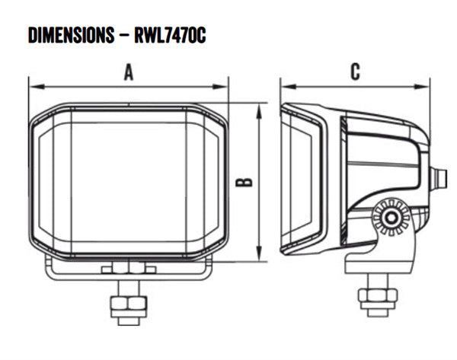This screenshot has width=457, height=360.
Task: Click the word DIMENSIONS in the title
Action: (71, 35)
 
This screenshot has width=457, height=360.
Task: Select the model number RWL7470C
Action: (170, 35)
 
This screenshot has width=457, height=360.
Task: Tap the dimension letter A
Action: (129, 72)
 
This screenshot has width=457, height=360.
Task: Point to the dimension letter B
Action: (244, 182)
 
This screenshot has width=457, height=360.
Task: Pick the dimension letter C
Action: (355, 72)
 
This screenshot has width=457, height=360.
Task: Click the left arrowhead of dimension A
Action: (37, 87)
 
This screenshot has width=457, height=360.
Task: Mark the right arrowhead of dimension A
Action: (220, 87)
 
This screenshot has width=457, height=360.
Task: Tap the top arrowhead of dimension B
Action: (259, 112)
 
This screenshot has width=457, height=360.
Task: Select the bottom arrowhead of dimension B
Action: (259, 253)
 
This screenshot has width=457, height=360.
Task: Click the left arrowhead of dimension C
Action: (289, 87)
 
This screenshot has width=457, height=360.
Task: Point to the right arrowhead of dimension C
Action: (422, 87)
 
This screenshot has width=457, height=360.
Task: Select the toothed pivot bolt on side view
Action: (391, 217)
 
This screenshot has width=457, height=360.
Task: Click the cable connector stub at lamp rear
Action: (439, 179)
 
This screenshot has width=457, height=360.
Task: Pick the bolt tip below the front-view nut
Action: (129, 321)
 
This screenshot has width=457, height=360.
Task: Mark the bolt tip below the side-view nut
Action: (378, 313)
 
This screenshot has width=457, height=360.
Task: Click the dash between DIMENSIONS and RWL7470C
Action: (124, 36)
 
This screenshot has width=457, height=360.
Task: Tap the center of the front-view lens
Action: (128, 182)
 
